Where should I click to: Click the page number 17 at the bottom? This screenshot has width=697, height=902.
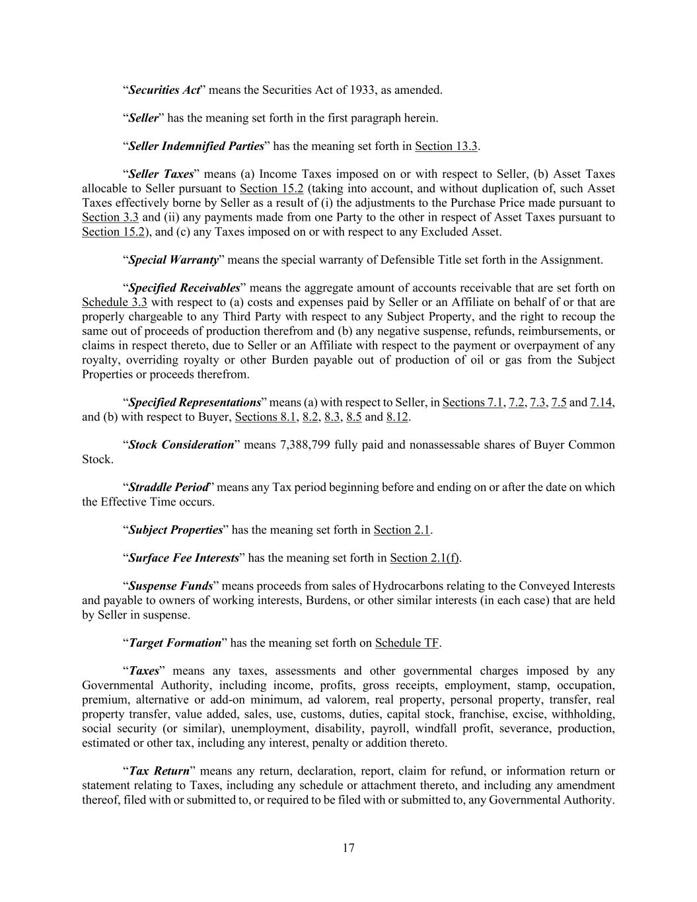tap(349, 848)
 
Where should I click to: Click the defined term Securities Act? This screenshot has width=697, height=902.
tap(164, 90)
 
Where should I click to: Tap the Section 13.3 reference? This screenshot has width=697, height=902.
tap(446, 146)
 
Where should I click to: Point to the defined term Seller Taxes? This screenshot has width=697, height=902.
tap(161, 174)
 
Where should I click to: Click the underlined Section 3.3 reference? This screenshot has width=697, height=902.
tap(110, 217)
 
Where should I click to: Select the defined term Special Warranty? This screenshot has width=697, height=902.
tap(173, 260)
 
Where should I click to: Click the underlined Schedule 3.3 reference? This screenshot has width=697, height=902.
tap(114, 303)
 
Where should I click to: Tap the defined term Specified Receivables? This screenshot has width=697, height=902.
tap(184, 288)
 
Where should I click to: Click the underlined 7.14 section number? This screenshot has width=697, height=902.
tap(601, 402)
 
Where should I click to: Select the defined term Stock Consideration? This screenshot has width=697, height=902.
tap(181, 445)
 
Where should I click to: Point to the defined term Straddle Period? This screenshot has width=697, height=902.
tap(168, 488)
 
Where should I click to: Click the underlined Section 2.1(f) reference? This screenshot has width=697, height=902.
tap(425, 558)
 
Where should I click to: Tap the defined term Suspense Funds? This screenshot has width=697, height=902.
tap(170, 586)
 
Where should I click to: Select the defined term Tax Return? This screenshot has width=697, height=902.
tap(159, 771)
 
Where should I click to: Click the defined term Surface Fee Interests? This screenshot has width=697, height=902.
tap(183, 558)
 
